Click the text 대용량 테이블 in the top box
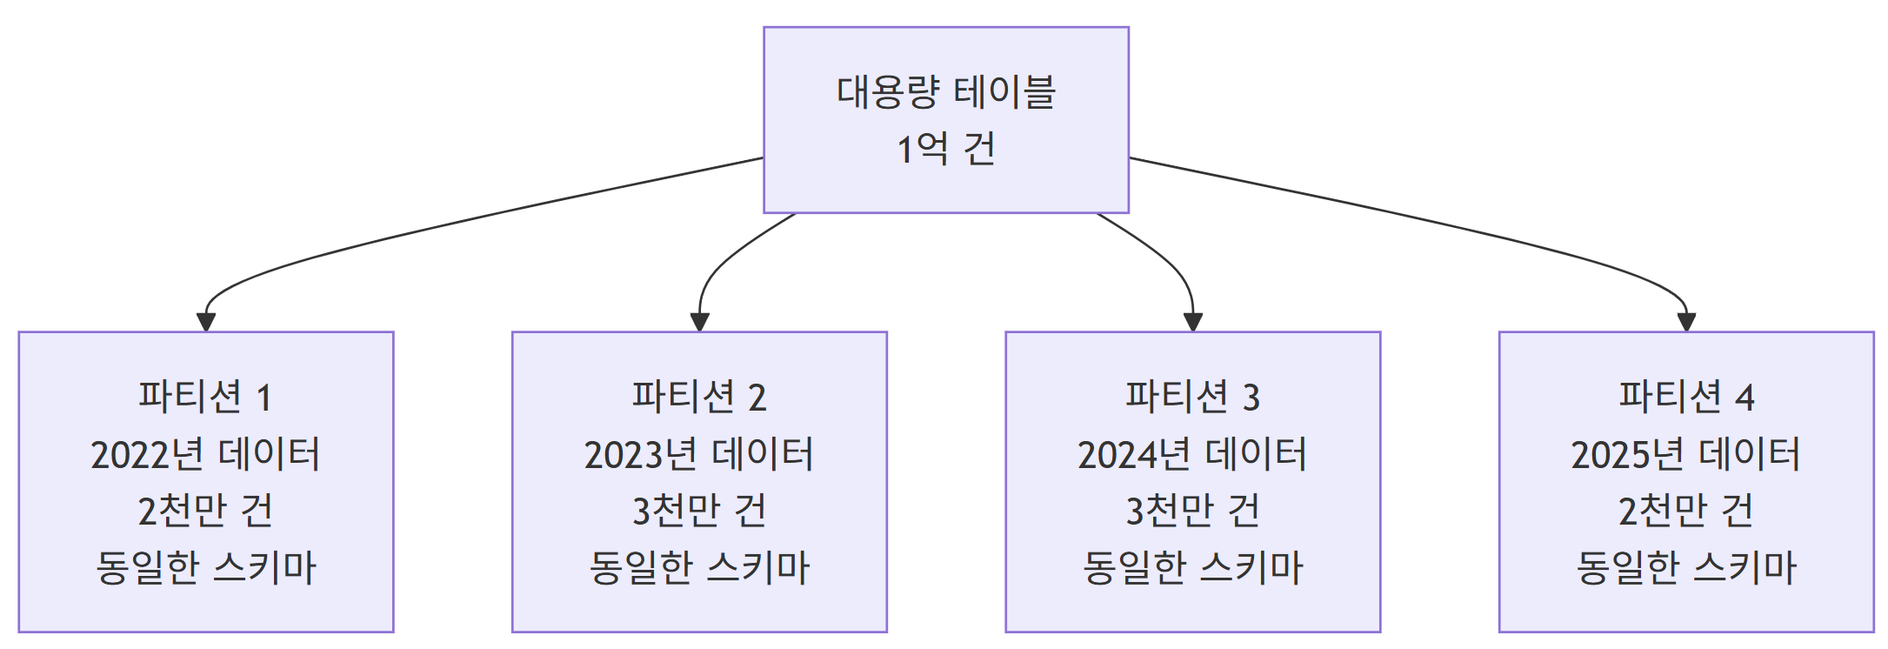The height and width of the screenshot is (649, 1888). pos(945,92)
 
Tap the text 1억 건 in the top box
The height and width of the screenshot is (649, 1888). pos(945,149)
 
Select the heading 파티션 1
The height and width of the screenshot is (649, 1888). pos(205,397)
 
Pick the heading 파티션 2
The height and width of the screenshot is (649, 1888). pos(699,397)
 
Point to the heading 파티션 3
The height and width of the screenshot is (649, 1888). pos(1192,397)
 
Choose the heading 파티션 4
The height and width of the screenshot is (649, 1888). pos(1685,397)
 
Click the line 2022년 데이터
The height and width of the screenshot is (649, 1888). pos(205,454)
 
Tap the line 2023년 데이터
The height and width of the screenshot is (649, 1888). pos(699,454)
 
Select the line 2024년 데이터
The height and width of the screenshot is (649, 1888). pos(1192,454)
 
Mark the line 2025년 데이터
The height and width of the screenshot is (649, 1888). pos(1685,454)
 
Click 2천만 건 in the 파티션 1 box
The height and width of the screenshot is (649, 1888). pos(205,511)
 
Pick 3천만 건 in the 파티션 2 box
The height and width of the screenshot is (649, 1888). pos(699,511)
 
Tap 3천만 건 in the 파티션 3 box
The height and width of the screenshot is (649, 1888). pos(1192,511)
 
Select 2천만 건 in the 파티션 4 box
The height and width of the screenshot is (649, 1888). pos(1685,511)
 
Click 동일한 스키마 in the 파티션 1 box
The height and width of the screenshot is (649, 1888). pos(205,567)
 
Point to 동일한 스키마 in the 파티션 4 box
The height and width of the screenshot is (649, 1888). pos(1685,567)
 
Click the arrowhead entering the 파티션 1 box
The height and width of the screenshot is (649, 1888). pos(206,322)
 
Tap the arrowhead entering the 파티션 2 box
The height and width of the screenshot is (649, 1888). pos(699,322)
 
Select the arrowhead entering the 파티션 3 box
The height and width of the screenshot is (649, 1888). pos(1193,322)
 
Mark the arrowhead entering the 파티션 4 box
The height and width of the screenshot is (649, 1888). pos(1686,322)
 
